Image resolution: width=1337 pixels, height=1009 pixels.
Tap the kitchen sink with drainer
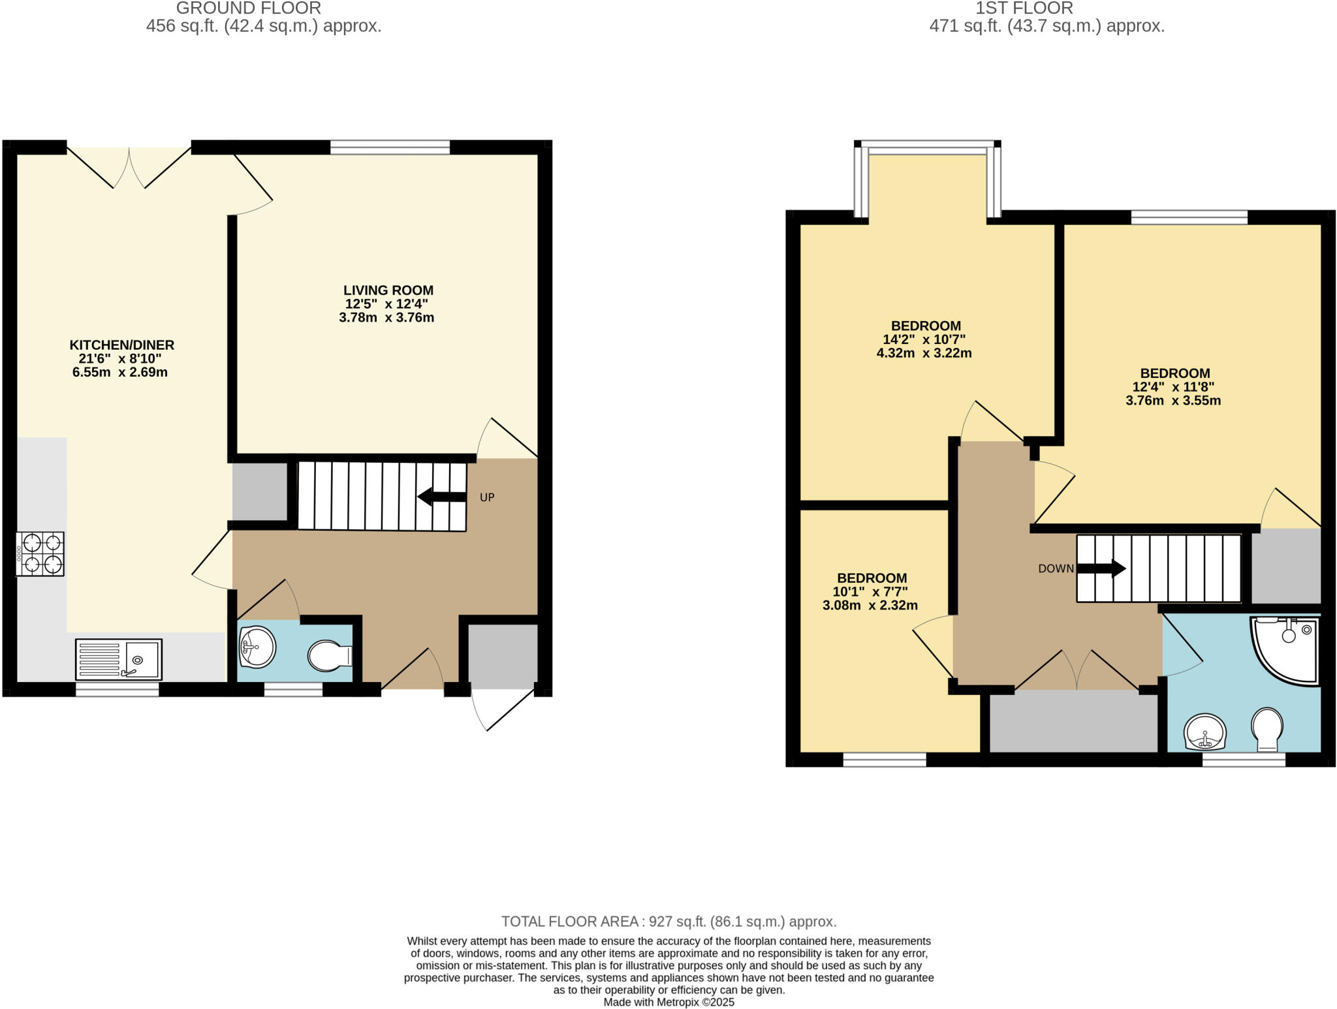coord(119,659)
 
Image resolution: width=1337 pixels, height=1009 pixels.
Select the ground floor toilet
coord(329,656)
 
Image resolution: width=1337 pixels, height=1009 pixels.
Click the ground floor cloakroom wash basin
coord(257,647)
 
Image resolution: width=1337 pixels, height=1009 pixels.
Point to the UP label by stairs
coord(487,497)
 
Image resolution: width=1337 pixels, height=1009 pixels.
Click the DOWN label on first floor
coord(1056,568)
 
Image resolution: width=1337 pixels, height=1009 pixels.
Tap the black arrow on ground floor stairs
coord(442,497)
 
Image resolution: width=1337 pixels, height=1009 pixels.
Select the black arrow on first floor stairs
coord(1101,568)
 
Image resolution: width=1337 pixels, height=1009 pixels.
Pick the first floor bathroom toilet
coord(1267,728)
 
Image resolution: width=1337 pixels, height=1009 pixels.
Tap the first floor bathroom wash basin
coord(1205,733)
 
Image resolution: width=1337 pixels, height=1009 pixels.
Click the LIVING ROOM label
coord(388,290)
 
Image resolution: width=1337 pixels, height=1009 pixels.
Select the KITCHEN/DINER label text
coord(122,345)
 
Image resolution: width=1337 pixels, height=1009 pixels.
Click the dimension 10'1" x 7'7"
coord(870,592)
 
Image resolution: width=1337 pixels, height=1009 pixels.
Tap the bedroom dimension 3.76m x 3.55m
coord(1173,401)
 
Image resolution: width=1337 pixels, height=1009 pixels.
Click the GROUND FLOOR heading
coord(249,8)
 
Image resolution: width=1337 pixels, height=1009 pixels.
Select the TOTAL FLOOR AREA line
coord(668,922)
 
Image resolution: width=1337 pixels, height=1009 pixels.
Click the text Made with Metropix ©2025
coord(668,1002)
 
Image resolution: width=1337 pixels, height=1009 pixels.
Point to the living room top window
coord(390,147)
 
